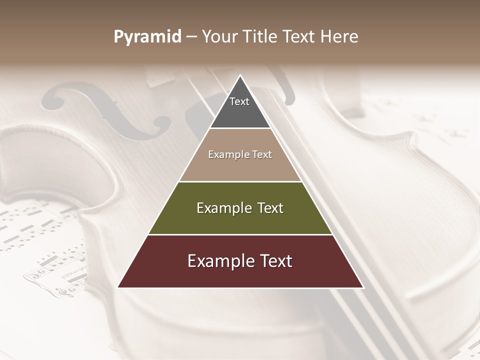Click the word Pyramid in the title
click(x=147, y=37)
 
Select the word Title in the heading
click(x=260, y=37)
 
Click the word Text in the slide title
click(x=300, y=37)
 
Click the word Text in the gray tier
click(x=239, y=101)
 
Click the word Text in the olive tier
click(x=271, y=208)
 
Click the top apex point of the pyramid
click(x=240, y=75)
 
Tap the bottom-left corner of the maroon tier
click(x=118, y=287)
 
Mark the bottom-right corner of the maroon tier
click(x=363, y=287)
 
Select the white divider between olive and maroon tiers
click(x=240, y=234)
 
